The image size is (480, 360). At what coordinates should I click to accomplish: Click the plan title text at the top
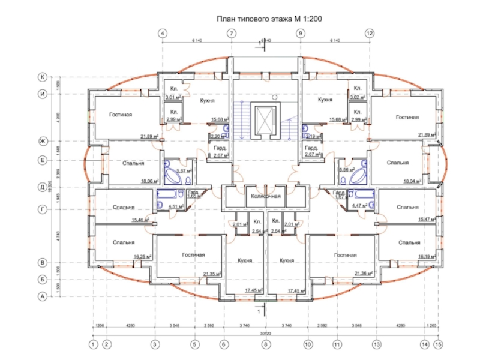(x=269, y=19)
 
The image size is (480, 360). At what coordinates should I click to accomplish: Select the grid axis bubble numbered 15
(x=439, y=344)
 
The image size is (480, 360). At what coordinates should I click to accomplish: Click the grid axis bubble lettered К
(x=43, y=77)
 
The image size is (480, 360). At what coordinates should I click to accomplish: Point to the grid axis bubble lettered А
(x=43, y=296)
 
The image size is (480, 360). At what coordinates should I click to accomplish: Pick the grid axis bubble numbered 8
(x=265, y=344)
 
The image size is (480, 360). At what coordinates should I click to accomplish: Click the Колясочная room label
(x=265, y=196)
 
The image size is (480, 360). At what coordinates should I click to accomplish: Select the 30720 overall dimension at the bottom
(x=265, y=334)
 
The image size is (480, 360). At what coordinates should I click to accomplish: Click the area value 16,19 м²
(x=427, y=256)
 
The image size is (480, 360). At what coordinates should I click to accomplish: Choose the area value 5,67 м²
(x=176, y=170)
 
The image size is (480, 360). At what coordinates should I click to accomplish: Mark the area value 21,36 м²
(x=364, y=274)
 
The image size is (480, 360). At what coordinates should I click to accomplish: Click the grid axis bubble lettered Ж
(x=43, y=141)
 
